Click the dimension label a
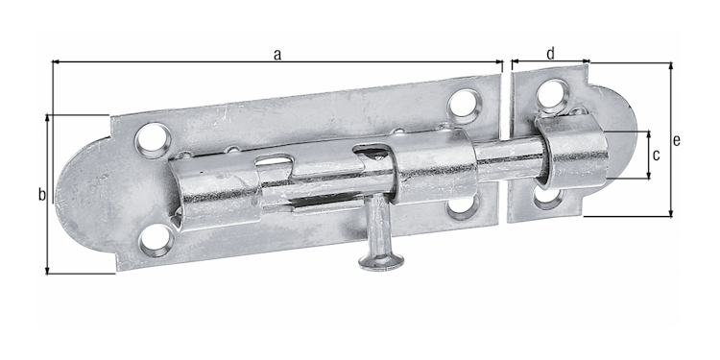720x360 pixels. [x=276, y=55]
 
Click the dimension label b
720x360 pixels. [x=41, y=195]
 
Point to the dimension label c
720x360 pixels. [x=656, y=155]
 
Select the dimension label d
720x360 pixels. [x=550, y=54]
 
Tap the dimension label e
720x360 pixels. [x=677, y=140]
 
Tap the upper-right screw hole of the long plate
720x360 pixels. [x=464, y=104]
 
